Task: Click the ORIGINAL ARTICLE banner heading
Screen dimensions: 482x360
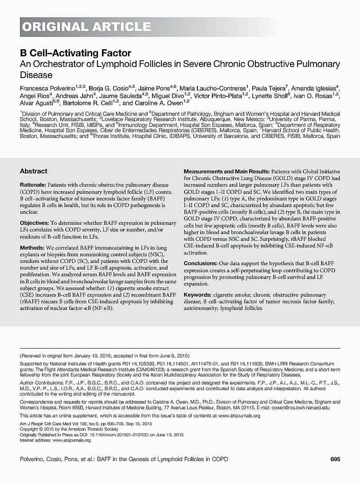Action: click(x=86, y=27)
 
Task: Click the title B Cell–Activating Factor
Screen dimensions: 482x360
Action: click(x=75, y=53)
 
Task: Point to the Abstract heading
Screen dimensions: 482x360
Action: click(x=34, y=171)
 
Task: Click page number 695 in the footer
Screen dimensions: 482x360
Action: click(x=335, y=459)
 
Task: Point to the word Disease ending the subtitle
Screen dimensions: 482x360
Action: click(x=36, y=75)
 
